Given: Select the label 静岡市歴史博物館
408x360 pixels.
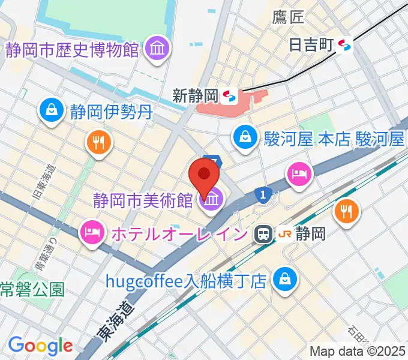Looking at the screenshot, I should tap(73, 49).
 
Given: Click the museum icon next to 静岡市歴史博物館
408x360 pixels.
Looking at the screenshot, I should tap(157, 48).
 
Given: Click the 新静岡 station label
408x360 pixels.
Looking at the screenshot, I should tap(194, 95).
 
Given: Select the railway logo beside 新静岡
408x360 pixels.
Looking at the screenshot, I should tap(228, 95).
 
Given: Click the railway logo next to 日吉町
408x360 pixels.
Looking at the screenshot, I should tap(344, 44).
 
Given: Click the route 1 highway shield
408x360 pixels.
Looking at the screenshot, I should tap(262, 194).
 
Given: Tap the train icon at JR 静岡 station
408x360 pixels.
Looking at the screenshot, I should tap(262, 235).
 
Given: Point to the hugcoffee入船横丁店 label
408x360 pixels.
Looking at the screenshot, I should tap(185, 281).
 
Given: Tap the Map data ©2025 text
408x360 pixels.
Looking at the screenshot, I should tap(357, 351).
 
